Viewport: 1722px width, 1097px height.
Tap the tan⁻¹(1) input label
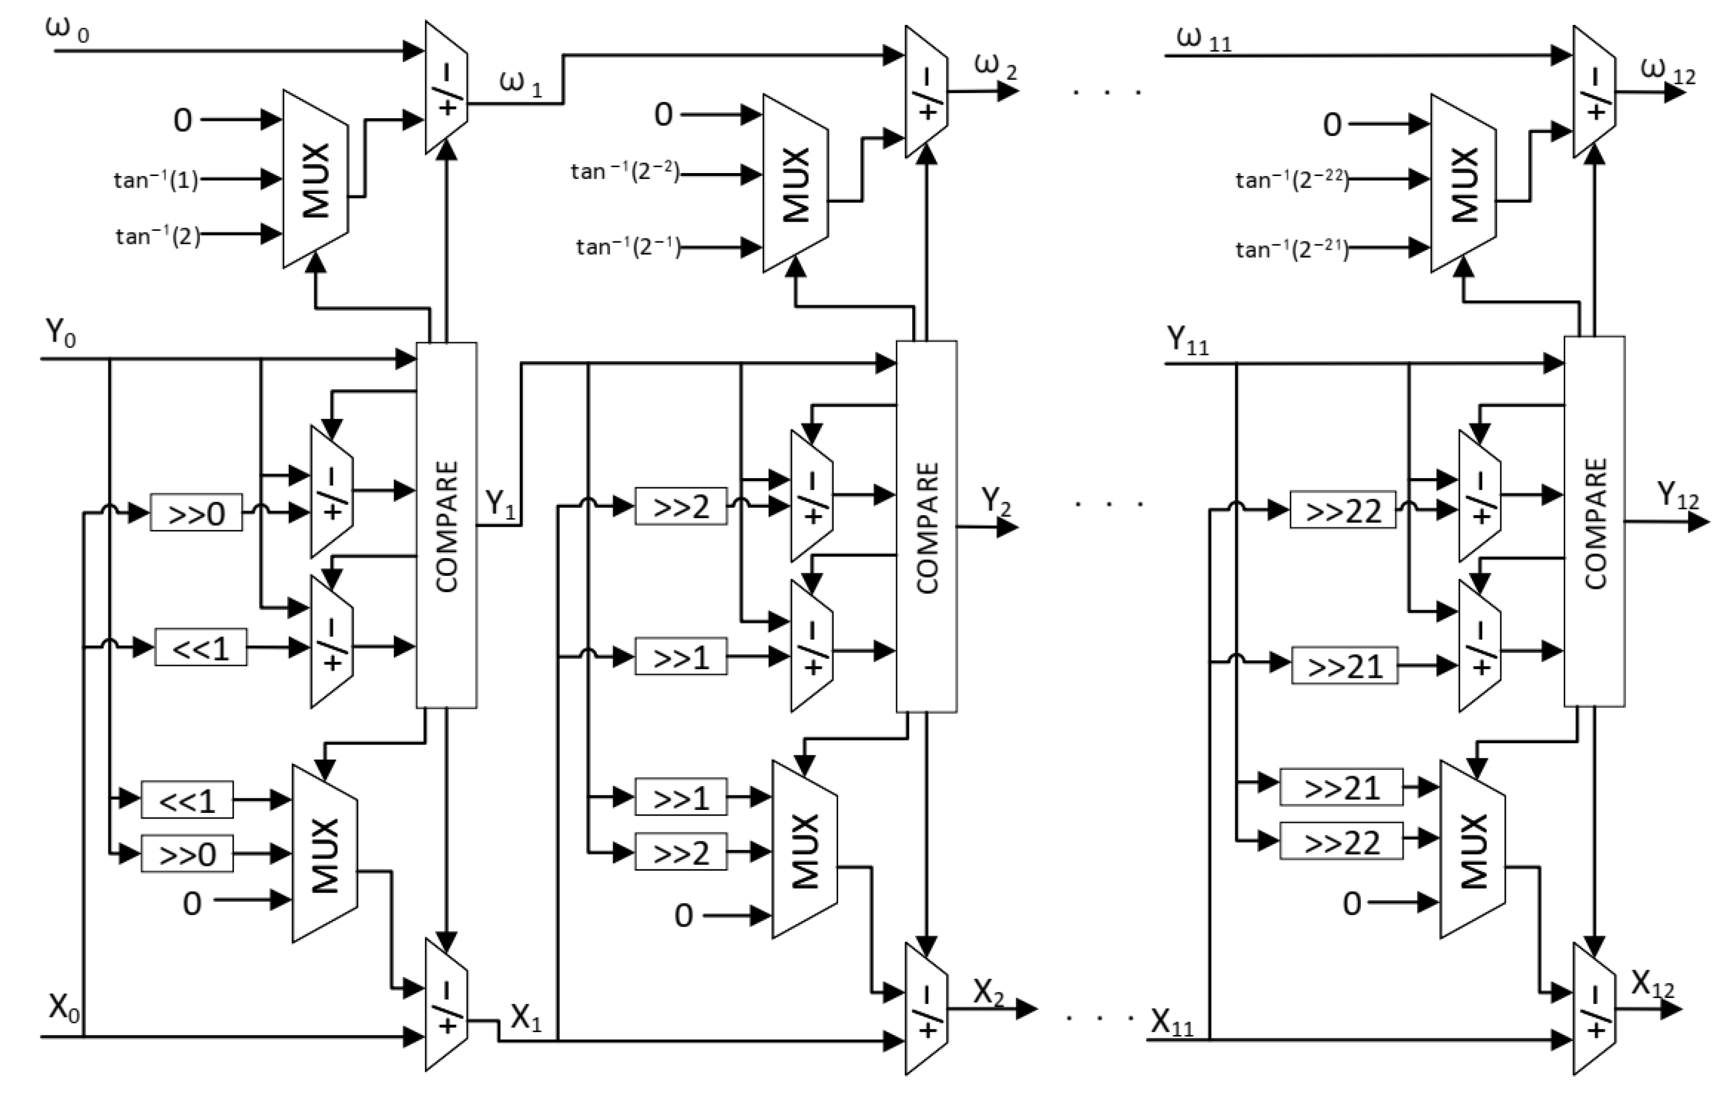(x=155, y=179)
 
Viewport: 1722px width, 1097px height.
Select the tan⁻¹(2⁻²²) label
(x=1291, y=179)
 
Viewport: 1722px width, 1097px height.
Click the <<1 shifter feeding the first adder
(x=201, y=648)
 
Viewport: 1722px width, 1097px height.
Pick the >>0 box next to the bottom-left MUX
(x=186, y=854)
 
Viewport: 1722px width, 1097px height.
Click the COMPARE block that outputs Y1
(x=446, y=526)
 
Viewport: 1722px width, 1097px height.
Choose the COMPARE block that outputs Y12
(x=1595, y=522)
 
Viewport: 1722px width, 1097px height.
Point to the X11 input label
(x=1173, y=1023)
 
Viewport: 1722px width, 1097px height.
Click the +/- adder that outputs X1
(x=446, y=1005)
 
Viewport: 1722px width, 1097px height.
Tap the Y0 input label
(x=61, y=332)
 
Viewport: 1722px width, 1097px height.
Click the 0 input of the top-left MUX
(x=183, y=120)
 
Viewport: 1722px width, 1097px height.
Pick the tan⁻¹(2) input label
(x=158, y=236)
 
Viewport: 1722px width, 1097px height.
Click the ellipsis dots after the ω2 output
(x=1107, y=91)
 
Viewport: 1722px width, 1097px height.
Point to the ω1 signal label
(x=520, y=85)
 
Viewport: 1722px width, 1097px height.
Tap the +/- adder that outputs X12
(x=1595, y=1009)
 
